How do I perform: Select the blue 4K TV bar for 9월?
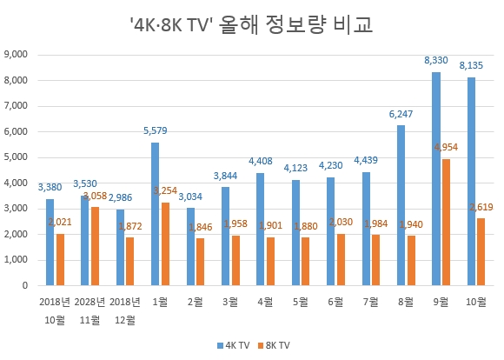[x=436, y=178]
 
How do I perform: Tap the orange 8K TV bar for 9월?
[x=446, y=222]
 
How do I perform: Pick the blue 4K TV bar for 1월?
[x=155, y=214]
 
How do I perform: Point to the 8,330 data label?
[x=435, y=60]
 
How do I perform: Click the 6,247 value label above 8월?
[x=400, y=114]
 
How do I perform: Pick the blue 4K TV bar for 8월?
[x=401, y=205]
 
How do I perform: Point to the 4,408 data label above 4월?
[x=259, y=161]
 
